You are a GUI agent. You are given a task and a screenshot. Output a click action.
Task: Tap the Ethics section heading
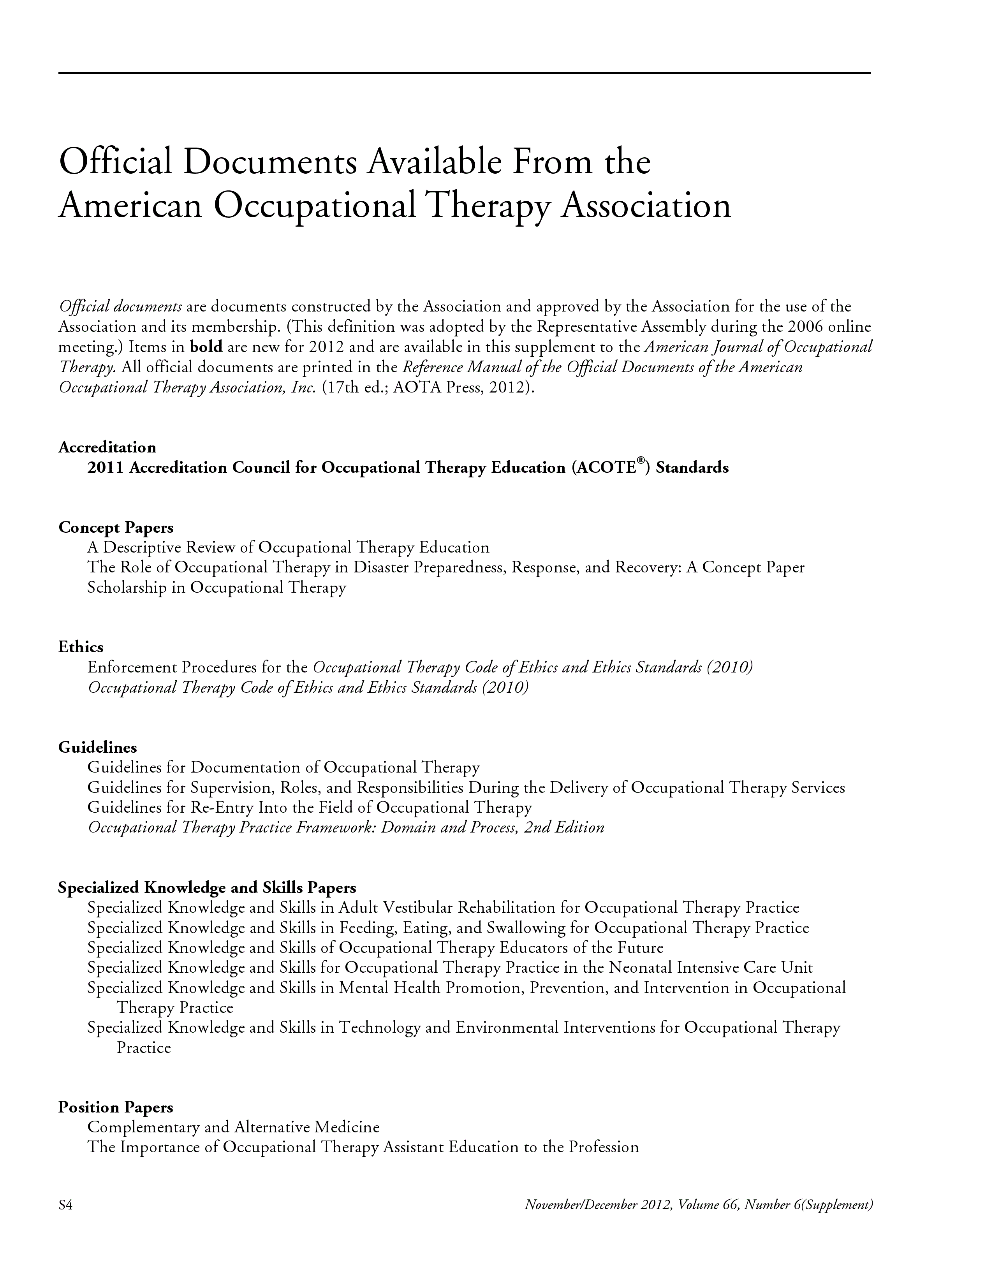point(81,647)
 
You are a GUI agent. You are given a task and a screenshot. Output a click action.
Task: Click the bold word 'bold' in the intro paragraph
point(206,347)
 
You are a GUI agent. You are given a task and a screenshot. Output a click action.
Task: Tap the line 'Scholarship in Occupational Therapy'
point(217,587)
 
